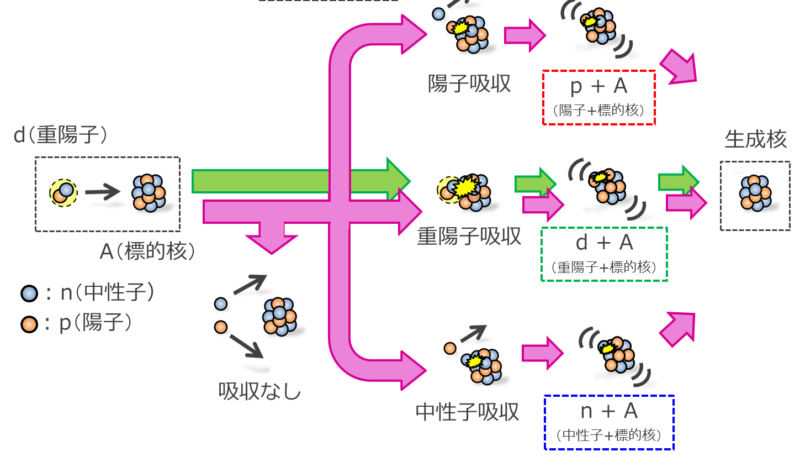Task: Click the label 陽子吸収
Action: (x=469, y=84)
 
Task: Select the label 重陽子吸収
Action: (x=469, y=237)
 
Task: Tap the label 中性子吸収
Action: (x=467, y=412)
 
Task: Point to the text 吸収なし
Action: (x=259, y=391)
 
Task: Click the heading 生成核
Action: (x=755, y=139)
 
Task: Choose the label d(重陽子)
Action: (x=61, y=135)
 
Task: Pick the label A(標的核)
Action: (x=148, y=251)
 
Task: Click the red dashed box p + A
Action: (x=599, y=97)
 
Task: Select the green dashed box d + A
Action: (x=604, y=254)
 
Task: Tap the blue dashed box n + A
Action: (x=609, y=422)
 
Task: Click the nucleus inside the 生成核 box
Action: (x=755, y=193)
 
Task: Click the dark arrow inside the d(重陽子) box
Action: (x=103, y=192)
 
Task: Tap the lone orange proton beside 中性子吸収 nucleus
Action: (x=450, y=348)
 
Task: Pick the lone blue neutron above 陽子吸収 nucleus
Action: (x=438, y=14)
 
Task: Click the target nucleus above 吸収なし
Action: (x=279, y=317)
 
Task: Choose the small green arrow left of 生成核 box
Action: (x=678, y=181)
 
